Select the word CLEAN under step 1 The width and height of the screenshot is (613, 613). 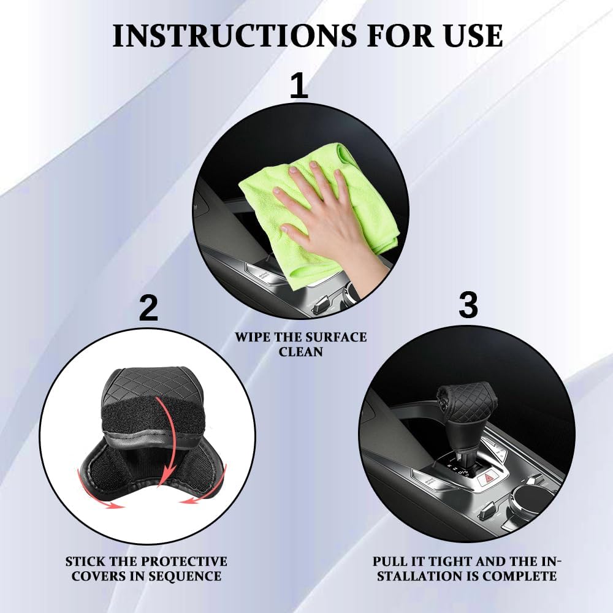pyautogui.click(x=300, y=351)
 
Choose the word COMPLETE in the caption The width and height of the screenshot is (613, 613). pyautogui.click(x=520, y=576)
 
